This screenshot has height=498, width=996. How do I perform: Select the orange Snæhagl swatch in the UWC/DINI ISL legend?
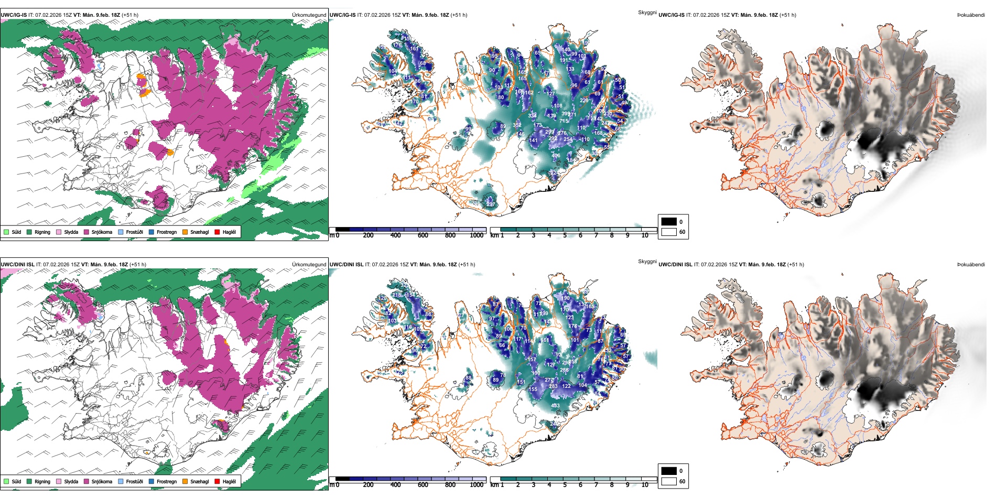coord(185,482)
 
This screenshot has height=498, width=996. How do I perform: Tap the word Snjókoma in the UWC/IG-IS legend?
coord(102,232)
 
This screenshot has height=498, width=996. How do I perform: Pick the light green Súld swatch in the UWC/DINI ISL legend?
coord(6,482)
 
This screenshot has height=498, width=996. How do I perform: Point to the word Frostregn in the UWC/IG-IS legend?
coord(166,232)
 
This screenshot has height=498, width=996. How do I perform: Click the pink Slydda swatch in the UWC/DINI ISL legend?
coord(59,482)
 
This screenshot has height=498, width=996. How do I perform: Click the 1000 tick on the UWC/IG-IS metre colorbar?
coord(477,235)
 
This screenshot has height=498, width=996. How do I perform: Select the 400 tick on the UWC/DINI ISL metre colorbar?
coord(396,485)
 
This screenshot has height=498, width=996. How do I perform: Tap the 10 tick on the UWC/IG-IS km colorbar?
coord(645,235)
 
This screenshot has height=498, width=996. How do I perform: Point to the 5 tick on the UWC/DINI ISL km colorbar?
coord(565,485)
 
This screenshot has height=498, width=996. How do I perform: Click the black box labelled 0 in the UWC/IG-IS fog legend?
coord(669,222)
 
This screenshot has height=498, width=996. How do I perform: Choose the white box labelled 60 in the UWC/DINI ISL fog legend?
coord(669,481)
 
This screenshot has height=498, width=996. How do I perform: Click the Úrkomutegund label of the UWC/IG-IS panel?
coord(309,15)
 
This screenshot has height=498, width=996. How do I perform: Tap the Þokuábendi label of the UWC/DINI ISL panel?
coord(971,265)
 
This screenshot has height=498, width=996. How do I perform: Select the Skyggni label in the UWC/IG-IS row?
coord(647,13)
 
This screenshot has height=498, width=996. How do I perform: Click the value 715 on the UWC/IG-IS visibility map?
coord(564,121)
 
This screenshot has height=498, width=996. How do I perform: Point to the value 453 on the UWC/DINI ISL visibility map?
coord(555,405)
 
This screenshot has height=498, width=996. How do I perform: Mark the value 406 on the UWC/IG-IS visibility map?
coord(556,156)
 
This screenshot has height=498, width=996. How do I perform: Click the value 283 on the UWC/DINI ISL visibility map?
coord(553,386)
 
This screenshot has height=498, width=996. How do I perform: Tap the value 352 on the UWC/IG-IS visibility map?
coord(517,125)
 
